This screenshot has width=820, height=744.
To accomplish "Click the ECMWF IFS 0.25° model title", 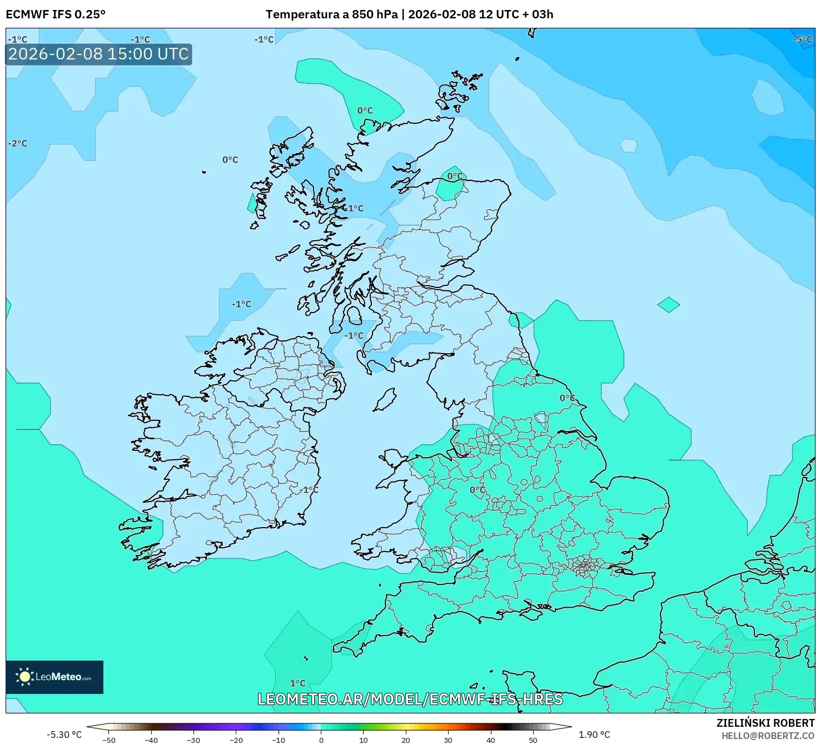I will coord(56,14).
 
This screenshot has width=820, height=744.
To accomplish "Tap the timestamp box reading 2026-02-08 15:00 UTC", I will coord(99,54).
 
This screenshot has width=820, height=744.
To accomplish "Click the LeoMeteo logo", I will coord(54,677).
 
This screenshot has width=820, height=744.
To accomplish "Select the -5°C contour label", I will coord(803,39).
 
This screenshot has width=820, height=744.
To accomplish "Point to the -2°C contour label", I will coord(18,143).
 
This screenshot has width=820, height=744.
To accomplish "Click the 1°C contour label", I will coord(298,683).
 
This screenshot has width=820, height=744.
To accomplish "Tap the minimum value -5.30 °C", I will coord(64,735).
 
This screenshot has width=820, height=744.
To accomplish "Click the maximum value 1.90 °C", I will coord(594,735).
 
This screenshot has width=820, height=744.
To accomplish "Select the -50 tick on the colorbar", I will coord(109,740).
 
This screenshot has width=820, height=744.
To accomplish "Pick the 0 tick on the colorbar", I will coord(321,740).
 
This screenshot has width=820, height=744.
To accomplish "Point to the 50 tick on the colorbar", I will coord(533,740).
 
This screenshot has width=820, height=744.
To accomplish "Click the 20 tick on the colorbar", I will coord(406,740).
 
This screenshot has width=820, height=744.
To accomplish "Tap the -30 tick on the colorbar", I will coord(193,740).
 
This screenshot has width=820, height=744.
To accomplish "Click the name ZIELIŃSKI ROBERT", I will coord(766,723).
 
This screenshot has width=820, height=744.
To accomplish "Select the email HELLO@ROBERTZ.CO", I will coord(768,736).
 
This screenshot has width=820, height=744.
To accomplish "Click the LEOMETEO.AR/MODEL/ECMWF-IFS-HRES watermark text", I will coord(410,699).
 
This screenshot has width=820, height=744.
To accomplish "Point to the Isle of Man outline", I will coord(385,400).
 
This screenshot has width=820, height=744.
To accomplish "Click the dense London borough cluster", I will coord(585,567).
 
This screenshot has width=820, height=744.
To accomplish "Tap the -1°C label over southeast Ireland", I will coord(310,490).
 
